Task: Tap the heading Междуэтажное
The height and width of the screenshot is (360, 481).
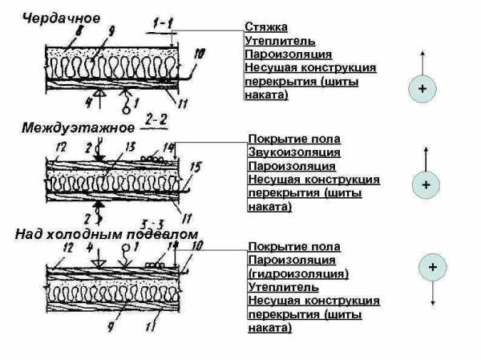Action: [67, 126]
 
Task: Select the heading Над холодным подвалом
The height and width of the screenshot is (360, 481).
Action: [106, 233]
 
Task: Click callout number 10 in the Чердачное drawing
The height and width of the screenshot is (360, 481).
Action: [199, 54]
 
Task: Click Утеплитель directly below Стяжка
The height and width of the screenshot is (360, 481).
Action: [281, 40]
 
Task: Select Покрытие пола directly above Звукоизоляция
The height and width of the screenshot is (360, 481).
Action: [283, 139]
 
